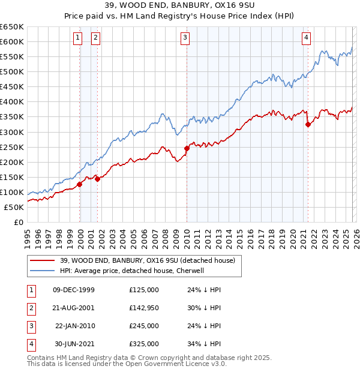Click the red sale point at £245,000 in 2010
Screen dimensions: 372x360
(x=187, y=148)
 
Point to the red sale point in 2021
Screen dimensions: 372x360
(x=308, y=124)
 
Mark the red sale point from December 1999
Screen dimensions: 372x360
(x=80, y=184)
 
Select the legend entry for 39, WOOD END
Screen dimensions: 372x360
(x=151, y=260)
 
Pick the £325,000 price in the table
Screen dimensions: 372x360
(x=144, y=344)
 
